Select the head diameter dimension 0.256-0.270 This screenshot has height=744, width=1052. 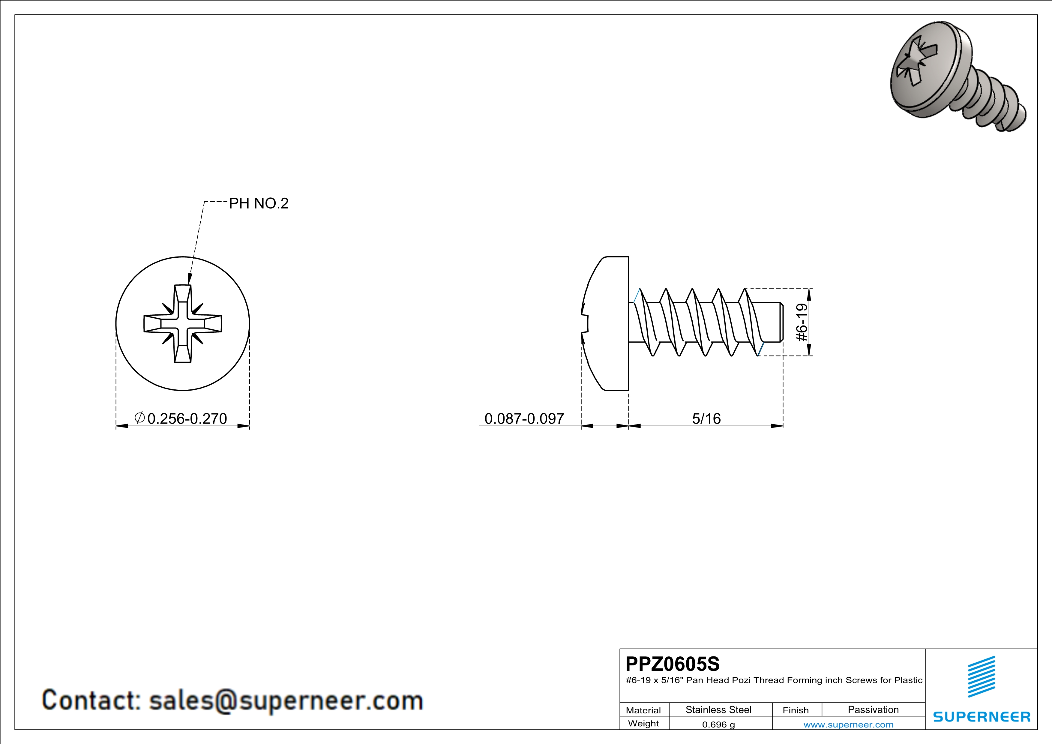coord(187,418)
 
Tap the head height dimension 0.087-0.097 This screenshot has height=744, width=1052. coord(524,418)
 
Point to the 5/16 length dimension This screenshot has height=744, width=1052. coord(706,418)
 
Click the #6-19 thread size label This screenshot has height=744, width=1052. coord(802,322)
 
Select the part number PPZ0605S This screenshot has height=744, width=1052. coord(672,664)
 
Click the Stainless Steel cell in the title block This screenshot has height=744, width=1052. coord(718,709)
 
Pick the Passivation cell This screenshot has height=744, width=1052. coord(873,709)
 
